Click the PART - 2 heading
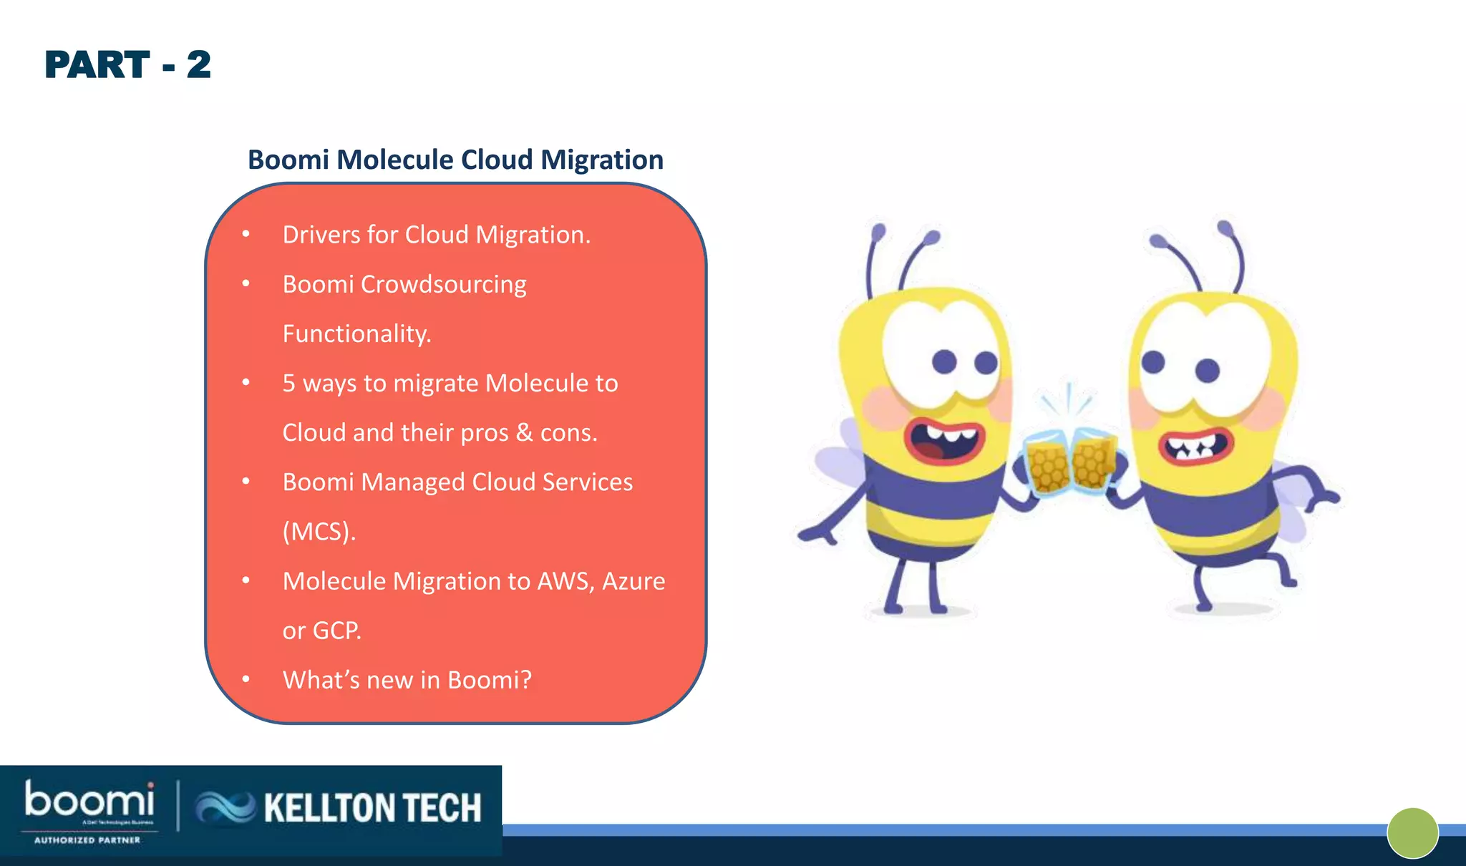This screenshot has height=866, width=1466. point(127,65)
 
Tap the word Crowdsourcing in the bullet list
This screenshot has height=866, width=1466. point(443,285)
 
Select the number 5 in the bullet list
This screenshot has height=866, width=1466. point(288,384)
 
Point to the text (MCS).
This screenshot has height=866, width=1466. point(319,532)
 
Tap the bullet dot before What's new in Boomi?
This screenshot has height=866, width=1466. point(246,679)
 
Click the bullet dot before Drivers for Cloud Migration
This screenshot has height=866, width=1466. point(246,234)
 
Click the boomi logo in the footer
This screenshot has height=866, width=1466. point(89,801)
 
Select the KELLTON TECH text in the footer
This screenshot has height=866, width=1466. point(372,808)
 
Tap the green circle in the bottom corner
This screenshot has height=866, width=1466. point(1412,833)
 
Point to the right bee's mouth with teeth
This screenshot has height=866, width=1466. point(1196,447)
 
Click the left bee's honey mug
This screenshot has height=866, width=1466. point(1046,466)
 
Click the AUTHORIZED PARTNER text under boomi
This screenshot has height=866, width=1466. point(87,840)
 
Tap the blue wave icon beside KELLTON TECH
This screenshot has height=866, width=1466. point(225,808)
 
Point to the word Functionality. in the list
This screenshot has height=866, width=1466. point(356,334)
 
